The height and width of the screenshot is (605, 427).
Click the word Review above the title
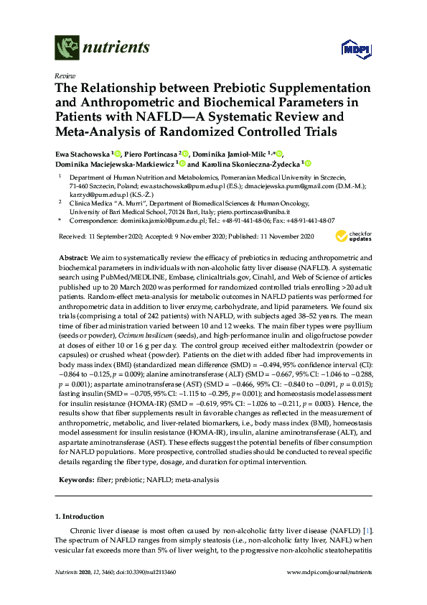(x=64, y=75)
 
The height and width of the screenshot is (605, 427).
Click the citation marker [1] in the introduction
(x=367, y=531)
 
